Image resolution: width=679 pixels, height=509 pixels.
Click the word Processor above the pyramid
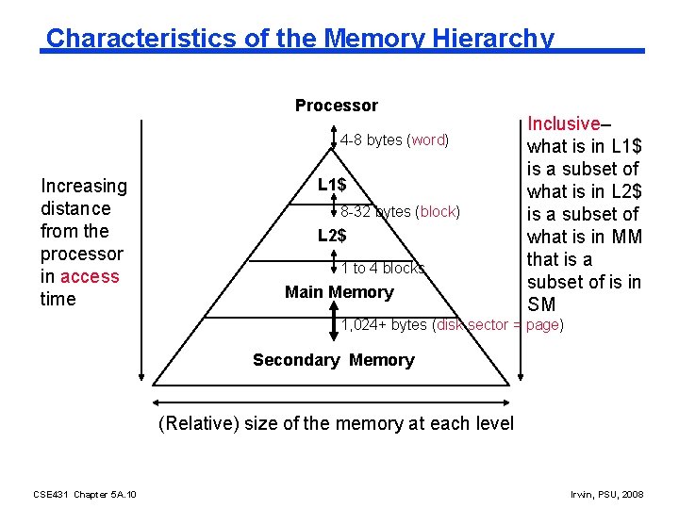(x=336, y=106)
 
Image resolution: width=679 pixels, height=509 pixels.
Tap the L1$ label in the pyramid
(x=331, y=185)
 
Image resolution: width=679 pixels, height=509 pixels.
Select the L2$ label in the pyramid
(x=331, y=236)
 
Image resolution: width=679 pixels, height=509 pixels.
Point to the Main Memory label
(x=339, y=292)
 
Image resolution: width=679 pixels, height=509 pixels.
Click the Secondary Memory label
(x=333, y=360)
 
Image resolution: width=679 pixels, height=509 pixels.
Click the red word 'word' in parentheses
(x=427, y=140)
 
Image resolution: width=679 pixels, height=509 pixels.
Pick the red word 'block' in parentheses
(x=439, y=212)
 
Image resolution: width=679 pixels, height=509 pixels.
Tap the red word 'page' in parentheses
(x=542, y=325)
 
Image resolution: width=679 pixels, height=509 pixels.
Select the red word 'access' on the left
(x=90, y=276)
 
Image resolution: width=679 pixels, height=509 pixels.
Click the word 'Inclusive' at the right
(x=564, y=123)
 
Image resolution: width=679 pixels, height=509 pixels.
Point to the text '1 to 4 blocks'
(x=383, y=269)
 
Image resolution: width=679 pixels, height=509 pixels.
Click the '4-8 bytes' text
(x=371, y=140)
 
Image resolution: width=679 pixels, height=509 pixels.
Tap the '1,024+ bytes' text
(x=384, y=325)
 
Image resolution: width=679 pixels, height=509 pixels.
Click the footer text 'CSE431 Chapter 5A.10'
(x=84, y=494)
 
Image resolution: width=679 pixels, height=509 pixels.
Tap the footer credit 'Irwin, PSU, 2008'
(x=606, y=494)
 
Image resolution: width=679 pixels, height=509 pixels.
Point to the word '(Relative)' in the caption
(x=198, y=423)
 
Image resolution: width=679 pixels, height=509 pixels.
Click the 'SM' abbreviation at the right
(x=541, y=304)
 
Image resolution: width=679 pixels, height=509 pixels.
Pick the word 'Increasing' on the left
(x=83, y=186)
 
